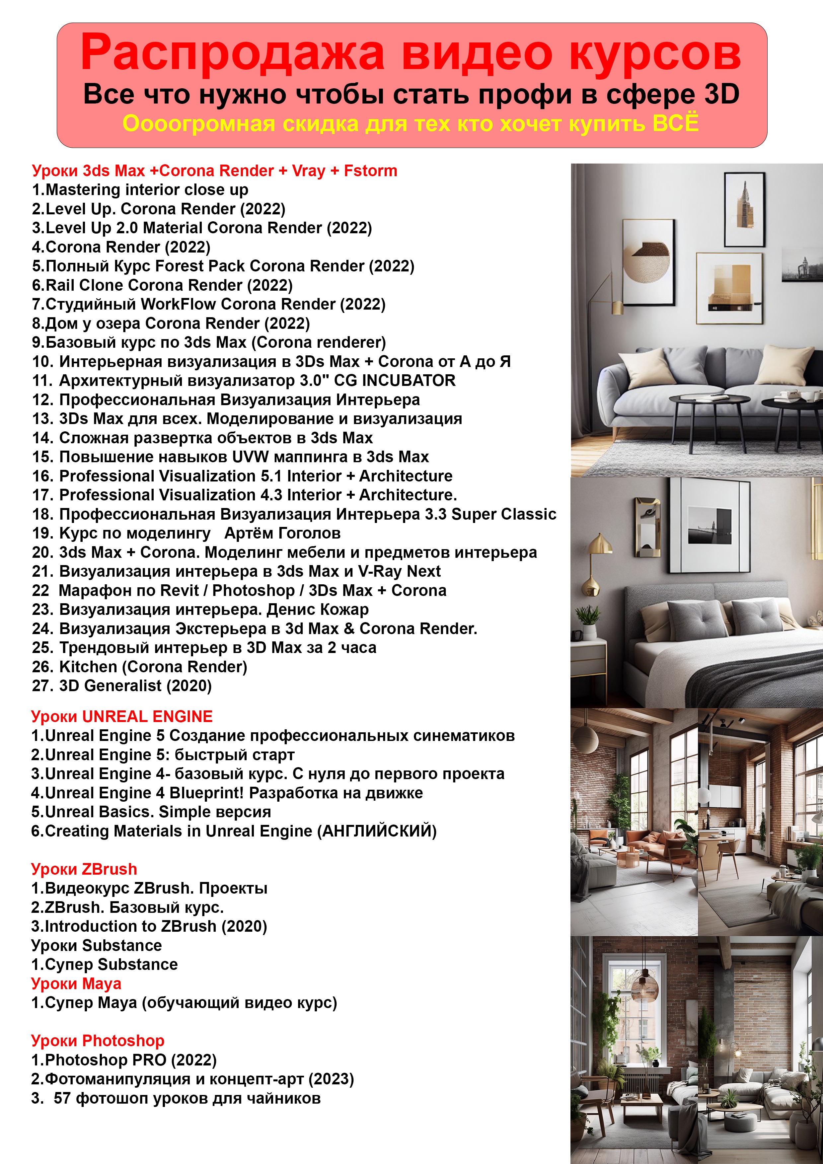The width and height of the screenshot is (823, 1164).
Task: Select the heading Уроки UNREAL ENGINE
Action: click(x=122, y=716)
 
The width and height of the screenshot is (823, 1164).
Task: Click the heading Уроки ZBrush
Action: click(x=84, y=869)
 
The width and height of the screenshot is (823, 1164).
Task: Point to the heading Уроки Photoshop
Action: click(x=97, y=1040)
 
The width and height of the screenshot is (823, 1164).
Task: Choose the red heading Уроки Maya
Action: click(x=76, y=983)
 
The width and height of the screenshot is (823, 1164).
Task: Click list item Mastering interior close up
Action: click(x=140, y=189)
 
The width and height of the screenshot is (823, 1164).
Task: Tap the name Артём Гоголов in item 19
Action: click(x=282, y=533)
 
